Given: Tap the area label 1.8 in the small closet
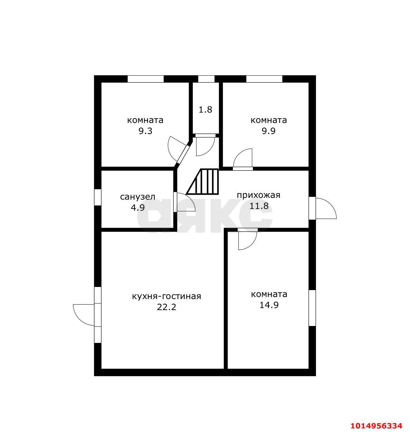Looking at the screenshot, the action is (205, 109).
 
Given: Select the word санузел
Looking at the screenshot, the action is (138, 197).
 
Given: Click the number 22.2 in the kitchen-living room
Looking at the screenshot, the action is (166, 307).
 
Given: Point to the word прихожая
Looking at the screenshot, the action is (258, 195).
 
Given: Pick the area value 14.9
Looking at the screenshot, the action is (269, 305).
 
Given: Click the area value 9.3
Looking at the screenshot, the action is (145, 131).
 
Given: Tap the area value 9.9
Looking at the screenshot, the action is (268, 131).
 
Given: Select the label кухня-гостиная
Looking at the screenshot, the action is (166, 296).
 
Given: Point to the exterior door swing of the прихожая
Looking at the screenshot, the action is (326, 208).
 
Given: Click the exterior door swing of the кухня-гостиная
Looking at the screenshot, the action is (84, 315).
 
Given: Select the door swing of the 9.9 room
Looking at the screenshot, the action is (243, 158).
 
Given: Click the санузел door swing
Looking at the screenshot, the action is (186, 202).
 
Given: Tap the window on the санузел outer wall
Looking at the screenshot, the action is (98, 197).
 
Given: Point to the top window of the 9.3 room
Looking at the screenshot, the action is (146, 79).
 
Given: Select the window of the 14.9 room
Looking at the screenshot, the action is (312, 308).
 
